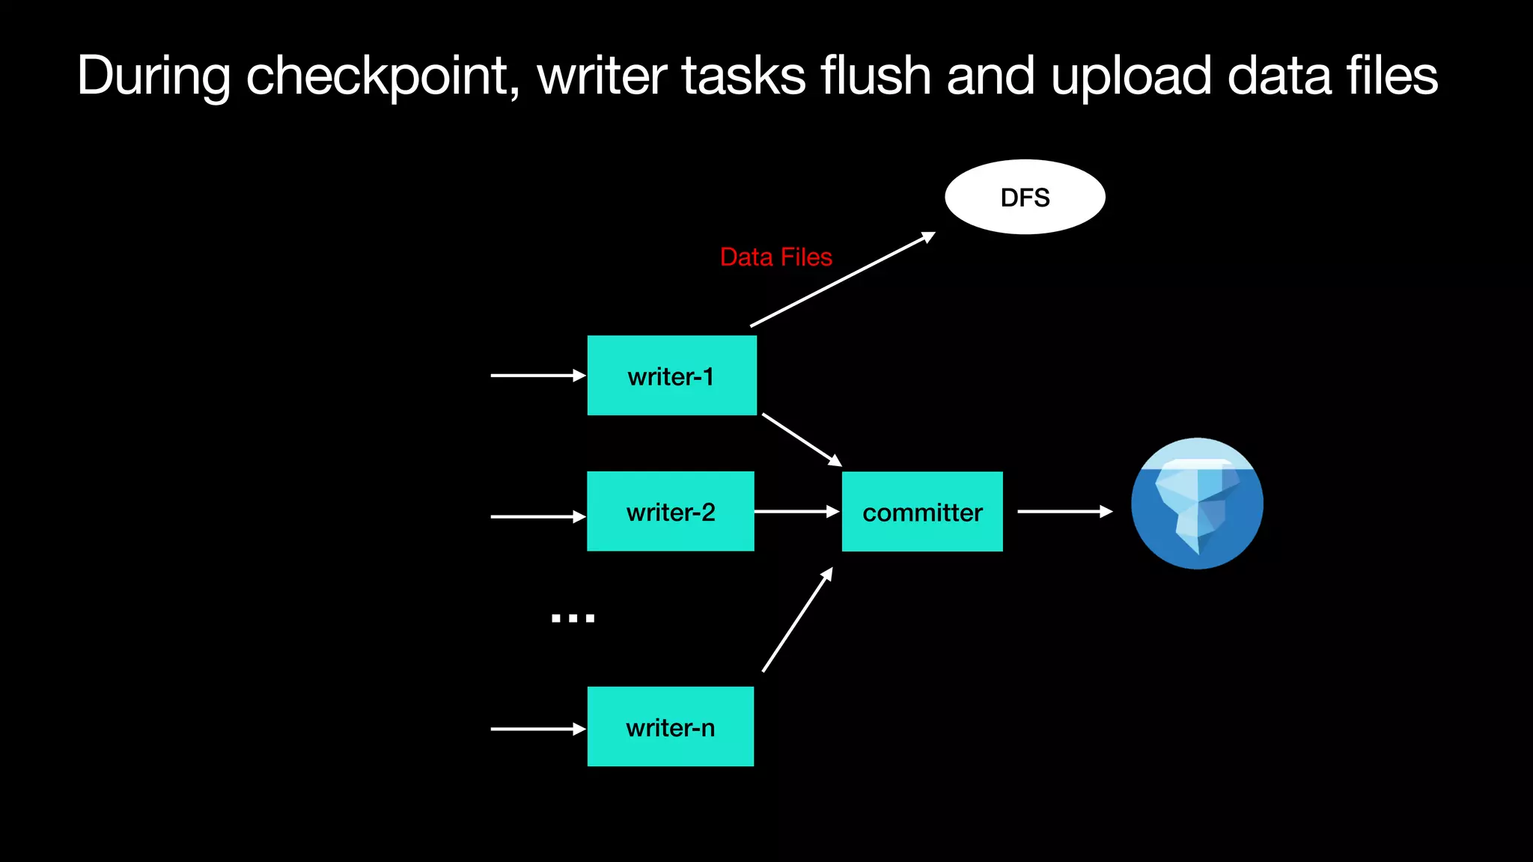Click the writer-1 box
pos(671,376)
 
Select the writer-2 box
pos(670,512)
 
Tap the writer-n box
pos(670,727)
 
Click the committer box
pos(921,512)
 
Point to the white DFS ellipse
pos(1025,197)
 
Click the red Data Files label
pos(775,257)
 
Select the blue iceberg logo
pos(1196,504)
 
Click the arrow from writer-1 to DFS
pos(842,280)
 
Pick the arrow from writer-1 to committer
pos(801,439)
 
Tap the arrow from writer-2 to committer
pos(796,512)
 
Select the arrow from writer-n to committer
pos(797,620)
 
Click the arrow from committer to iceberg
pos(1064,512)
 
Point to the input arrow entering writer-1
pos(537,376)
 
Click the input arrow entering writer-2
pos(537,516)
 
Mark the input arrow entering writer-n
pos(537,729)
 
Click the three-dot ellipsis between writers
pos(573,618)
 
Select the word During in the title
pos(153,76)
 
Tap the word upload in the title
pos(1130,76)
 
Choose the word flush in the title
pos(875,76)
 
